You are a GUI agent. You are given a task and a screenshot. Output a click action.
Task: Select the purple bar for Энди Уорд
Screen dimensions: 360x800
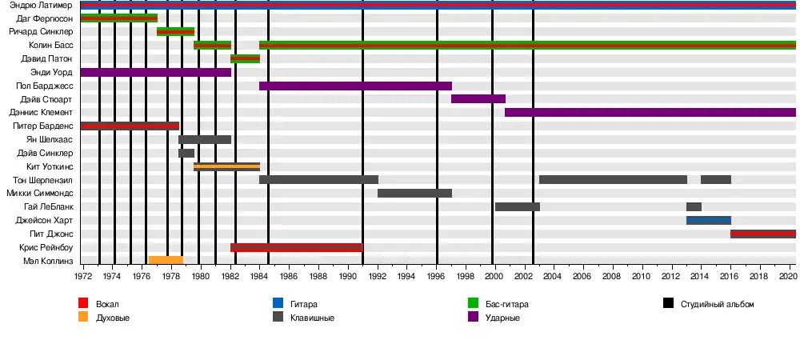coord(156,72)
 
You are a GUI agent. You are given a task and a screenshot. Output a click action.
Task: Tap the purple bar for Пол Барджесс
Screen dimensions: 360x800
coord(355,86)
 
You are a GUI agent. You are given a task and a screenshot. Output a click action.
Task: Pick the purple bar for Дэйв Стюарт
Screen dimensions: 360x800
coord(478,99)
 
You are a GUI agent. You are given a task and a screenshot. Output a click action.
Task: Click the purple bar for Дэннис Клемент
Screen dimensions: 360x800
coord(650,112)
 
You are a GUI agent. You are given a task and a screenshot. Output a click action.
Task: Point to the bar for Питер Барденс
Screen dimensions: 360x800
coord(130,126)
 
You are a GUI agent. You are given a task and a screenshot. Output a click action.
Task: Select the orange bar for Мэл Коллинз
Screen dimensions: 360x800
coord(166,260)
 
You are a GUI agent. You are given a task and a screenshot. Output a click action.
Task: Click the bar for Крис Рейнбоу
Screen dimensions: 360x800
coord(296,247)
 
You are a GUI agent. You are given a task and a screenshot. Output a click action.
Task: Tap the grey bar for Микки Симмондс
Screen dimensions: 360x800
coord(414,193)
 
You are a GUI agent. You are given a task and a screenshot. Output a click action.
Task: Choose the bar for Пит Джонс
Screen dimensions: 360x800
coord(762,234)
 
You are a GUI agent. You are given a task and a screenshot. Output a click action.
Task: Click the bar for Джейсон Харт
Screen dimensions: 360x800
coord(708,220)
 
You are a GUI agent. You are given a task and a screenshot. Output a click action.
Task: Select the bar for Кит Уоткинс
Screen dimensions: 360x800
coord(226,166)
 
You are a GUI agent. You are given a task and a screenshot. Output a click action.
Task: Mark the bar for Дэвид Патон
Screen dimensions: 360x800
coord(245,58)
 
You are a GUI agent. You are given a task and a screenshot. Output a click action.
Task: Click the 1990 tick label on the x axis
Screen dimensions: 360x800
coord(348,276)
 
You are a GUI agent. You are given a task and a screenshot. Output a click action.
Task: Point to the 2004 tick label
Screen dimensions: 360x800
coord(554,276)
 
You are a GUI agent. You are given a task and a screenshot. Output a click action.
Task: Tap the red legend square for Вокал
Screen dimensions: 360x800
coord(83,304)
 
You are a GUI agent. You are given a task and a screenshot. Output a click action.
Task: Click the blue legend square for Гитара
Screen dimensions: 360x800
coord(278,304)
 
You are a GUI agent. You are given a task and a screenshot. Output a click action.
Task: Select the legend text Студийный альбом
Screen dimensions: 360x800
coord(717,304)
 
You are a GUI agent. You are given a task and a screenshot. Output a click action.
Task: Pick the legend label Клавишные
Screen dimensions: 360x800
coord(311,318)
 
